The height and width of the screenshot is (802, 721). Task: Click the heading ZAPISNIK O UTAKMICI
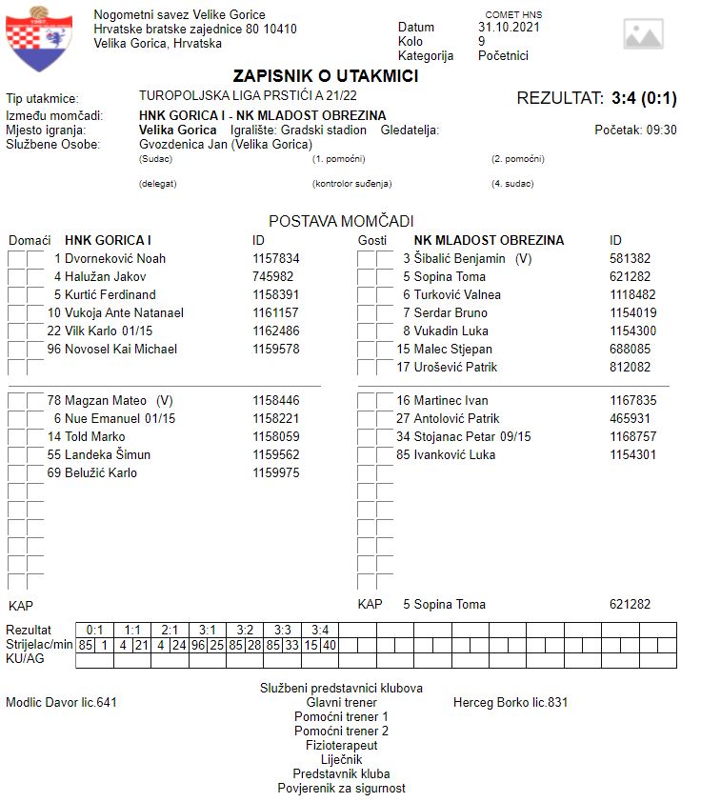[326, 76]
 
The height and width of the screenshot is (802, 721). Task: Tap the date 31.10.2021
[509, 28]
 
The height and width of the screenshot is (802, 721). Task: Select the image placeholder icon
[643, 34]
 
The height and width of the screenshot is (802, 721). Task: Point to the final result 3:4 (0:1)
[644, 98]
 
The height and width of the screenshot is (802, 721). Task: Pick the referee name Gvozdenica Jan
[182, 144]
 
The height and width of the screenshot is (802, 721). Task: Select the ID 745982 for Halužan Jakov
[272, 276]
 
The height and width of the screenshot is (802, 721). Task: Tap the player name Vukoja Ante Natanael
[124, 312]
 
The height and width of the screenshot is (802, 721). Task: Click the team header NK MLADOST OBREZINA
[489, 240]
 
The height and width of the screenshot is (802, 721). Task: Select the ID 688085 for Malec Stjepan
[631, 349]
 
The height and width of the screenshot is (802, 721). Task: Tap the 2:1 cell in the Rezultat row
[170, 630]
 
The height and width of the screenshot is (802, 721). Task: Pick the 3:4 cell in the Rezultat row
[319, 630]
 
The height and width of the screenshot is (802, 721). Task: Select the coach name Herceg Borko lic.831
[511, 703]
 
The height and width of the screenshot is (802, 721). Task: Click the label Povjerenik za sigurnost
[341, 789]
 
